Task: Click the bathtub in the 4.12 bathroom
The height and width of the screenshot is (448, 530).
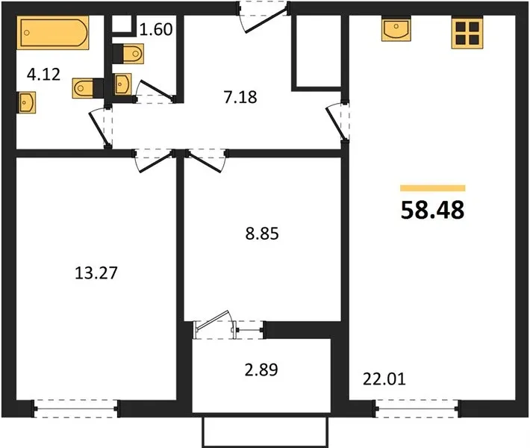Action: click(x=53, y=32)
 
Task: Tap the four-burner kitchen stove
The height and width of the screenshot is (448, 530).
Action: click(x=467, y=32)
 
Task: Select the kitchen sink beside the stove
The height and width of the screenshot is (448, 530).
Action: click(x=396, y=29)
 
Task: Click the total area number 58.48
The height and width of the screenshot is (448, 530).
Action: click(x=433, y=210)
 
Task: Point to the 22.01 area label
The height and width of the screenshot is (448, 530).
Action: click(x=384, y=379)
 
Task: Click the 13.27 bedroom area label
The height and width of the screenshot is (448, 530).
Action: click(x=96, y=273)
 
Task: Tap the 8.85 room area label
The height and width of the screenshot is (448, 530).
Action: click(x=262, y=234)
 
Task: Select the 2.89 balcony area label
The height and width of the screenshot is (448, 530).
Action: click(x=261, y=370)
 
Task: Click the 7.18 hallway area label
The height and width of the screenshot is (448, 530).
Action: click(x=240, y=97)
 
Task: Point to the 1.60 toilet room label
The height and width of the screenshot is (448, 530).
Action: click(x=156, y=29)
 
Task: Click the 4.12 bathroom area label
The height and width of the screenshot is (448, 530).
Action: click(x=43, y=75)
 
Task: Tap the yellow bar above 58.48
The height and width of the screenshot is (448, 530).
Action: click(x=433, y=188)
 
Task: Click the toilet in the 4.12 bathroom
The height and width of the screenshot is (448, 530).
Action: click(x=88, y=88)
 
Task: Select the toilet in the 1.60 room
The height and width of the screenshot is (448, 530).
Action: click(x=128, y=54)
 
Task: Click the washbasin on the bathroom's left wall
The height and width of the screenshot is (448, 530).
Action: click(x=26, y=102)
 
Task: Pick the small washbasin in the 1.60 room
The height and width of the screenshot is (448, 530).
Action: click(x=122, y=84)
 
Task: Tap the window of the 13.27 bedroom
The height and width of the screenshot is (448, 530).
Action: click(x=76, y=408)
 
